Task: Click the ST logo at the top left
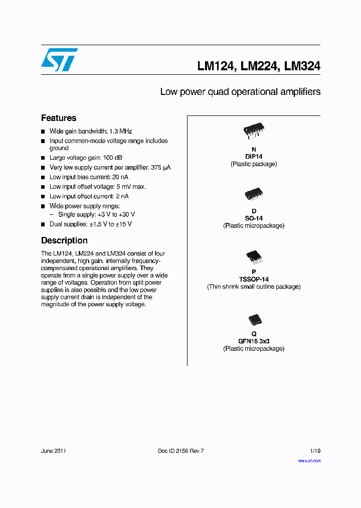(x=59, y=60)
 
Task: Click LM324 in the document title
(x=302, y=66)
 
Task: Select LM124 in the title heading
(x=216, y=66)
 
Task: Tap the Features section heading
(x=59, y=118)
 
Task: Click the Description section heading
(x=64, y=240)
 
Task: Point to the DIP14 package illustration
(x=254, y=131)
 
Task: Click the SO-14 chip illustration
(x=254, y=194)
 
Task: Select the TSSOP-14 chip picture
(x=254, y=257)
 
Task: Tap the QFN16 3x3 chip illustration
(x=254, y=320)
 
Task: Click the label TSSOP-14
(x=254, y=279)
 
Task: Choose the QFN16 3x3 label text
(x=254, y=341)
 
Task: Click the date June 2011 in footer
(x=54, y=451)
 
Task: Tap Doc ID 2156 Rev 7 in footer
(x=180, y=451)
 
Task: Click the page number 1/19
(x=314, y=451)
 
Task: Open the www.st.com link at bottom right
(x=309, y=460)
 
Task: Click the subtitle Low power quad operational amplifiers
(x=240, y=92)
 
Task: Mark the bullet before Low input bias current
(x=43, y=177)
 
